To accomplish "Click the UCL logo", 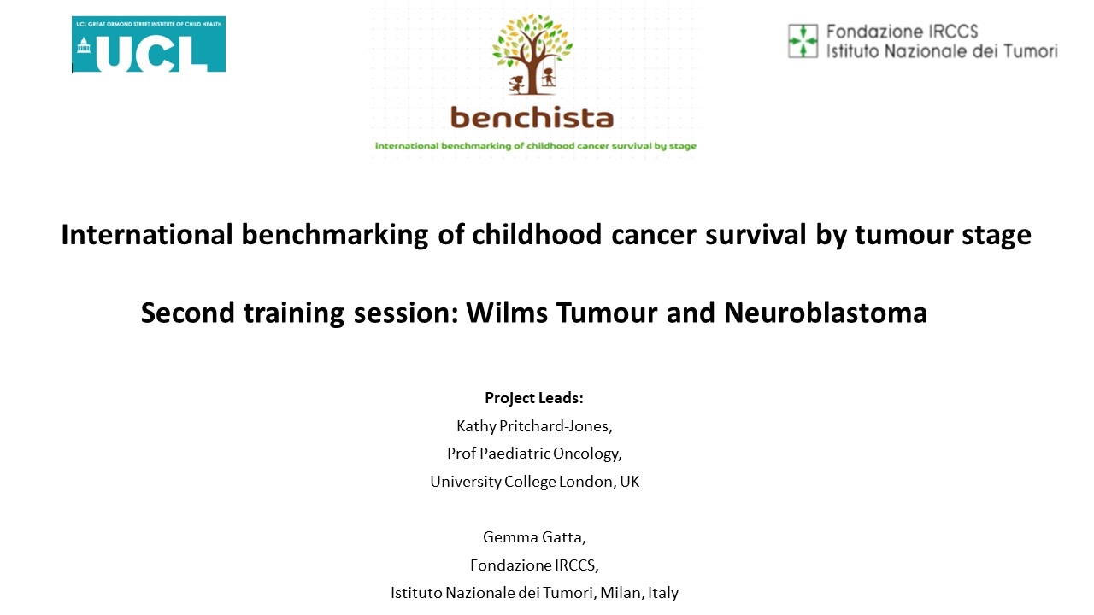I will pyautogui.click(x=149, y=44).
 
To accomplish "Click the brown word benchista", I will pyautogui.click(x=532, y=117).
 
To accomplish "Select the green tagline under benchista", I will pyautogui.click(x=536, y=146).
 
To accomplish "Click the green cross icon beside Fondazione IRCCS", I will pyautogui.click(x=803, y=41).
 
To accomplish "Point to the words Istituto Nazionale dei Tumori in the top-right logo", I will pyautogui.click(x=941, y=51).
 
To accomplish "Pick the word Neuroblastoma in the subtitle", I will pyautogui.click(x=825, y=313).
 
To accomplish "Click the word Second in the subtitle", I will pyautogui.click(x=180, y=313).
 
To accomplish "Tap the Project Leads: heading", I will pyautogui.click(x=534, y=398).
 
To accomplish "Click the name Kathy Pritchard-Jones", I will pyautogui.click(x=534, y=426).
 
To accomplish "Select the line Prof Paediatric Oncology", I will pyautogui.click(x=534, y=454).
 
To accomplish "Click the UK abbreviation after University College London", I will pyautogui.click(x=629, y=482).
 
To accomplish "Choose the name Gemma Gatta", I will pyautogui.click(x=534, y=537).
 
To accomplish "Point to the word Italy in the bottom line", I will pyautogui.click(x=663, y=593).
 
